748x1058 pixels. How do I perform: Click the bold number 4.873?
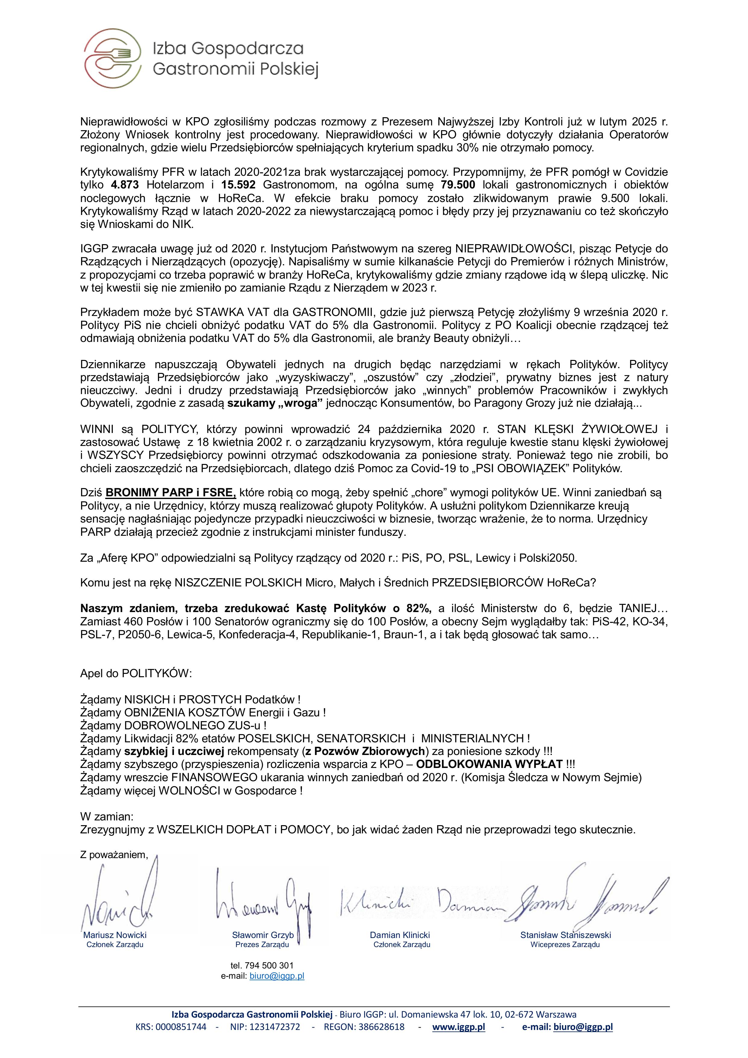tap(125, 185)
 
